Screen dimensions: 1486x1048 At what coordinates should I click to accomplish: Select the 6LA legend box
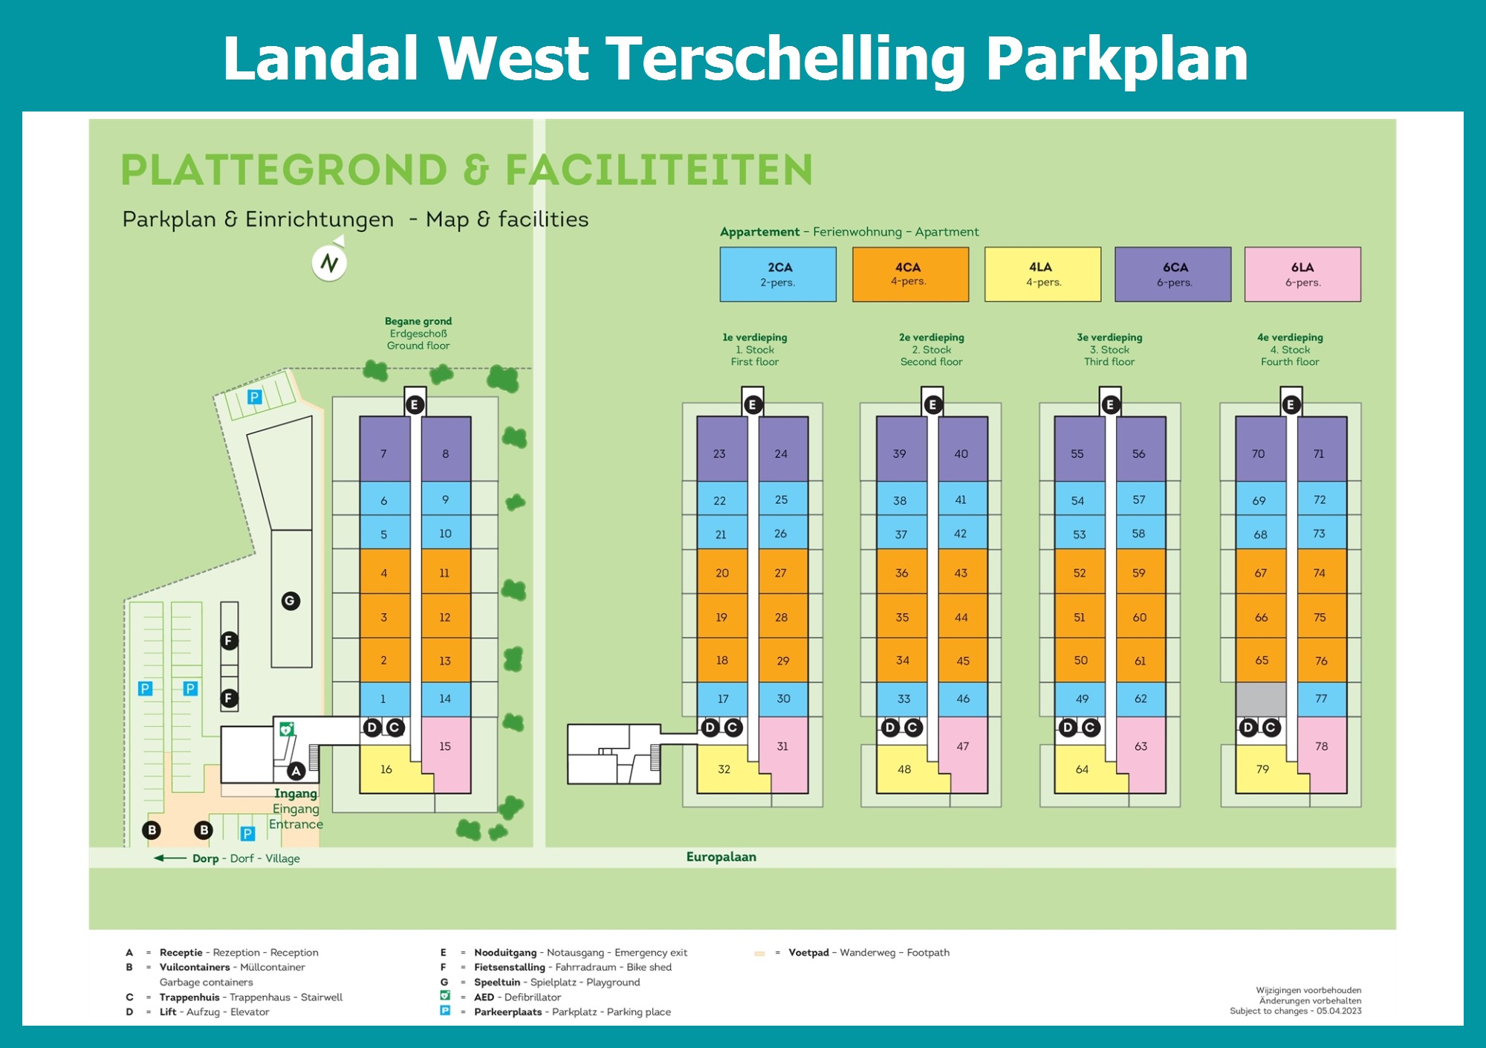pos(1302,274)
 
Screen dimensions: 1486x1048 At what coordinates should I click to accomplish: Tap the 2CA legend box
pos(778,274)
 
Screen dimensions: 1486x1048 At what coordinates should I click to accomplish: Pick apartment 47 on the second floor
pos(963,747)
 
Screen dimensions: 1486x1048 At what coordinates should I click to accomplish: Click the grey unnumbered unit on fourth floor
pos(1261,699)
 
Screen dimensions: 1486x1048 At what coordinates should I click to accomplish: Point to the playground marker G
pos(291,601)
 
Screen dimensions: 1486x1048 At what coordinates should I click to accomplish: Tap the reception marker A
pos(296,771)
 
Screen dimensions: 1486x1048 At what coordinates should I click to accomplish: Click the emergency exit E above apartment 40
pos(932,404)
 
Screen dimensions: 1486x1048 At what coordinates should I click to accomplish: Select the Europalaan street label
pos(721,857)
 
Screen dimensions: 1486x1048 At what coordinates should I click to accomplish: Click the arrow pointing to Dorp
pos(170,858)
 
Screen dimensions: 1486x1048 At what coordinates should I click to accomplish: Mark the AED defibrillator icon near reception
pos(286,729)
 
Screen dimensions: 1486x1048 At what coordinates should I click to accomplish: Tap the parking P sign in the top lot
pos(255,397)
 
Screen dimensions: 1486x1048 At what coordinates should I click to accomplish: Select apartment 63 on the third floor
pos(1141,747)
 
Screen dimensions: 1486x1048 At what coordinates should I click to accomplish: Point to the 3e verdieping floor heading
pos(1109,337)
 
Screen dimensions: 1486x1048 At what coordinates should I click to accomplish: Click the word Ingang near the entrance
pos(296,794)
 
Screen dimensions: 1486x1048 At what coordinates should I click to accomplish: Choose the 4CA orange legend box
pos(910,274)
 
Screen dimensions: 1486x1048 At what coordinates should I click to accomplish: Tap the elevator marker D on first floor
pos(710,727)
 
